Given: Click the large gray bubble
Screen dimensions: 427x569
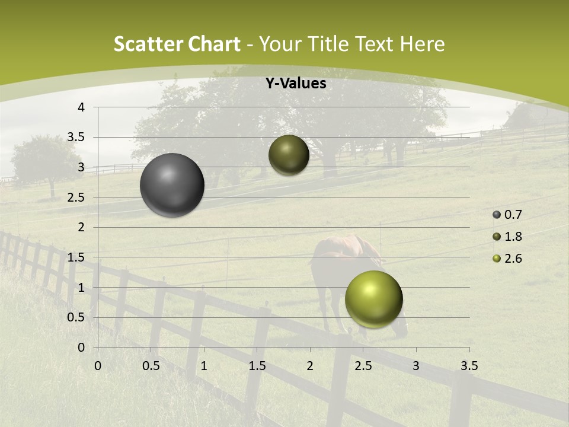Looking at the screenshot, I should click(172, 185).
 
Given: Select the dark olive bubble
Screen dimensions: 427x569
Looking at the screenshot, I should click(289, 155).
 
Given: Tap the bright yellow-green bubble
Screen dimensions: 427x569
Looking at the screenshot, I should click(373, 299).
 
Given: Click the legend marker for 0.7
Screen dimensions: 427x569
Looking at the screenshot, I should click(497, 215).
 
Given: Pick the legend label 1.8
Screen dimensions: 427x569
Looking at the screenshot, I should click(513, 237).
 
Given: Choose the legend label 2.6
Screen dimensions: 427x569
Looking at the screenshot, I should click(513, 259).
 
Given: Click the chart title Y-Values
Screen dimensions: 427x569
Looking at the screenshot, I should click(295, 84).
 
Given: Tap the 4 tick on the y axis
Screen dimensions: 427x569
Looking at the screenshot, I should click(81, 107).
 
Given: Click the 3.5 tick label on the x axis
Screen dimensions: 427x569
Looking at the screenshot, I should click(469, 366).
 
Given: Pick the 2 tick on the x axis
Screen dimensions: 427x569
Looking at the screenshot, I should click(310, 366).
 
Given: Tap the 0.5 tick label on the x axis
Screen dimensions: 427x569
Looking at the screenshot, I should click(151, 366).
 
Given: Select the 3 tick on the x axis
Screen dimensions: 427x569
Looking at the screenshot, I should click(416, 366).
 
